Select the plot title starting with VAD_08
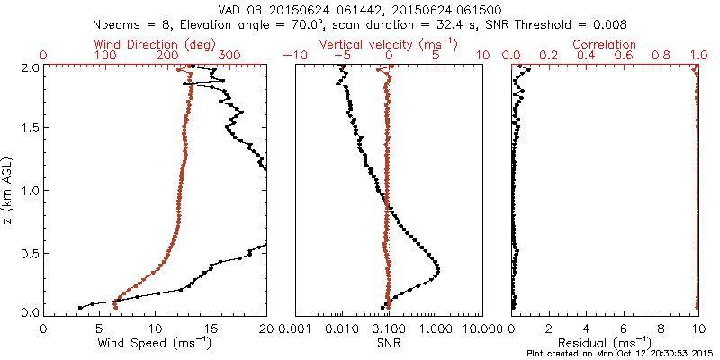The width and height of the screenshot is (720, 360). (x=360, y=9)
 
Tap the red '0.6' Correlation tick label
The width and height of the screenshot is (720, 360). (x=623, y=55)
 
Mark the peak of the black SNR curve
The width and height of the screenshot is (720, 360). (x=438, y=268)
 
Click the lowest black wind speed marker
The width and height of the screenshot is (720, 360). (x=80, y=307)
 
